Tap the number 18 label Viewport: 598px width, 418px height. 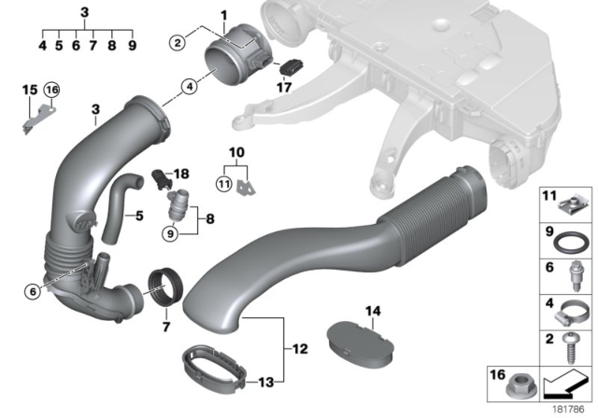point(181,174)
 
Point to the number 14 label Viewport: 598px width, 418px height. point(373,311)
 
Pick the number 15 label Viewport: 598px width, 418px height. point(29,90)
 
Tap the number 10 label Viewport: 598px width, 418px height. point(236,150)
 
